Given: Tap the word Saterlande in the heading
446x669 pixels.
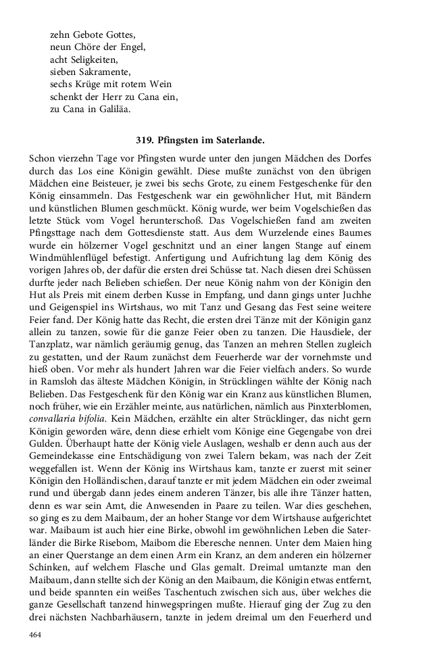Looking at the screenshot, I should (x=239, y=141).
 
